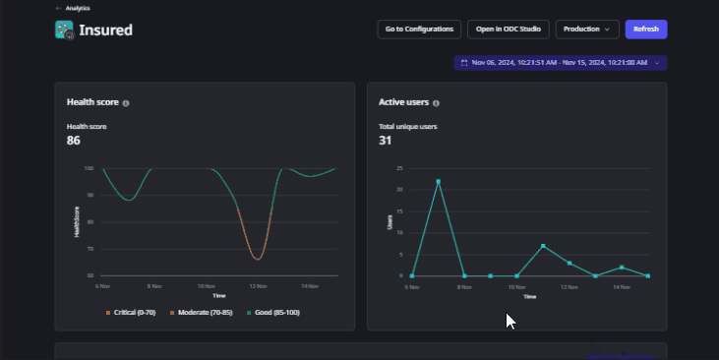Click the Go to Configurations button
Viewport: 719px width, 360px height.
[419, 30]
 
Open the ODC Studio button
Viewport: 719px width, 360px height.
[509, 30]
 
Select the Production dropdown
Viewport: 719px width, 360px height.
[587, 30]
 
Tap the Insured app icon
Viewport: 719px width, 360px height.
[65, 30]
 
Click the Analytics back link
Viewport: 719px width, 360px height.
[73, 8]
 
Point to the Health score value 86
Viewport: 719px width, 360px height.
[74, 141]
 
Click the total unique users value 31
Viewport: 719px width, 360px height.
[386, 141]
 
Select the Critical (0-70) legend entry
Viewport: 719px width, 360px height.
[136, 312]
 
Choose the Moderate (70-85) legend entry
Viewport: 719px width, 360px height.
[202, 312]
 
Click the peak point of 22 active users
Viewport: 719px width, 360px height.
[439, 181]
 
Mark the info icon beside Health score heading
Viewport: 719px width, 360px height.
[126, 102]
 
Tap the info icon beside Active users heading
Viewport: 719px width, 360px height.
[436, 102]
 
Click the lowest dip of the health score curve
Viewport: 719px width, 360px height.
[258, 259]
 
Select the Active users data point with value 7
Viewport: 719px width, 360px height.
[543, 245]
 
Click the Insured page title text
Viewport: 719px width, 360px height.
[106, 30]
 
